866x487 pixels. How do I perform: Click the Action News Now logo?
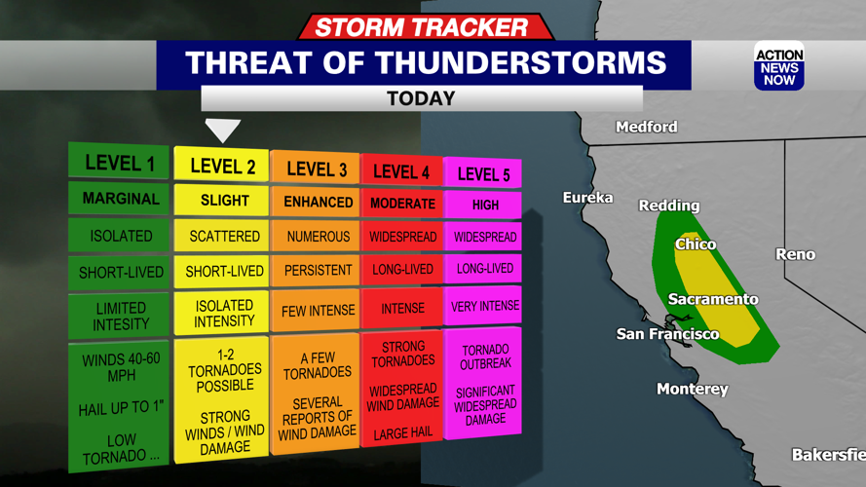click(778, 67)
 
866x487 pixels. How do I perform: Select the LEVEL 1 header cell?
click(120, 163)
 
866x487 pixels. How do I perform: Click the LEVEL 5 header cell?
click(483, 174)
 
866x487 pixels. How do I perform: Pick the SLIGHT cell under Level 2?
click(223, 200)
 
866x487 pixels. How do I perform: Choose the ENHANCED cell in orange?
click(318, 202)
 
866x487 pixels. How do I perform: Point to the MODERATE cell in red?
click(402, 204)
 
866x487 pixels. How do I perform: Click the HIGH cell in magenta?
click(484, 205)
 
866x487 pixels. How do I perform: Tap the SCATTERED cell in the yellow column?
click(224, 237)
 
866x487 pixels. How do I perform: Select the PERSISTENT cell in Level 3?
click(318, 270)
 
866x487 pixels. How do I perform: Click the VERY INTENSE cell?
click(484, 307)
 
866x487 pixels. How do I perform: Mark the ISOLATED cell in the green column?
click(121, 236)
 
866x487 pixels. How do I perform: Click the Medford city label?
click(646, 127)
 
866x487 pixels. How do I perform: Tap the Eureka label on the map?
click(587, 198)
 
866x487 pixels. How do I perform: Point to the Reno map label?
click(795, 254)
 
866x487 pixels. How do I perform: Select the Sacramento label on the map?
click(713, 299)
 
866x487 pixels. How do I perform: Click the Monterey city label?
click(692, 389)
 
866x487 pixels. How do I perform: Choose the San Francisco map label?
click(667, 334)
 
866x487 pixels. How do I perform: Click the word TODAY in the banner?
click(421, 98)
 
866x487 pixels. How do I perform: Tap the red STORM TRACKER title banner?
click(421, 27)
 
